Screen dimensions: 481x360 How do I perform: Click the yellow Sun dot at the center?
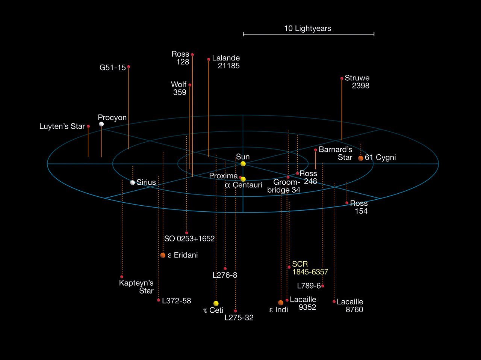243,164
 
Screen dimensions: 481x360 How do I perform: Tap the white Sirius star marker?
132,182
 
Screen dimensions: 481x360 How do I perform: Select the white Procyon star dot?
101,124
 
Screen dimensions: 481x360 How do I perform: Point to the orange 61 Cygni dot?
361,158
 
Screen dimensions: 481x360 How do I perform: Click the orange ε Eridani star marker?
163,255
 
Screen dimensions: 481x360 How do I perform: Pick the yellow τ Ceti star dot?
216,303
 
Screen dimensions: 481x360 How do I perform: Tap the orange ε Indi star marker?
281,303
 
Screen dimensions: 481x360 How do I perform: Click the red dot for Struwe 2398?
342,78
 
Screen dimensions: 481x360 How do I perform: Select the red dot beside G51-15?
129,67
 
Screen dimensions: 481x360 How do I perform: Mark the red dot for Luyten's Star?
88,126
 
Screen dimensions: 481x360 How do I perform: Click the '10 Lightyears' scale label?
308,29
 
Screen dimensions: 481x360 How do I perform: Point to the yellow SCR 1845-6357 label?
310,268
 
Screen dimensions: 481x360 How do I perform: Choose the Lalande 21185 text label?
226,62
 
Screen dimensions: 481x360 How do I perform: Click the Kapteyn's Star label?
136,287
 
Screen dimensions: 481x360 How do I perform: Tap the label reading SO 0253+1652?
189,238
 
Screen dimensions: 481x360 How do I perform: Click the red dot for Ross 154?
347,203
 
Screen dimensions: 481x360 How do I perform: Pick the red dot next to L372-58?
159,300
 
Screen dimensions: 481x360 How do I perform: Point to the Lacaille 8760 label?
350,306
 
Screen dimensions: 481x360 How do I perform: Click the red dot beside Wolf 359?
190,85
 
